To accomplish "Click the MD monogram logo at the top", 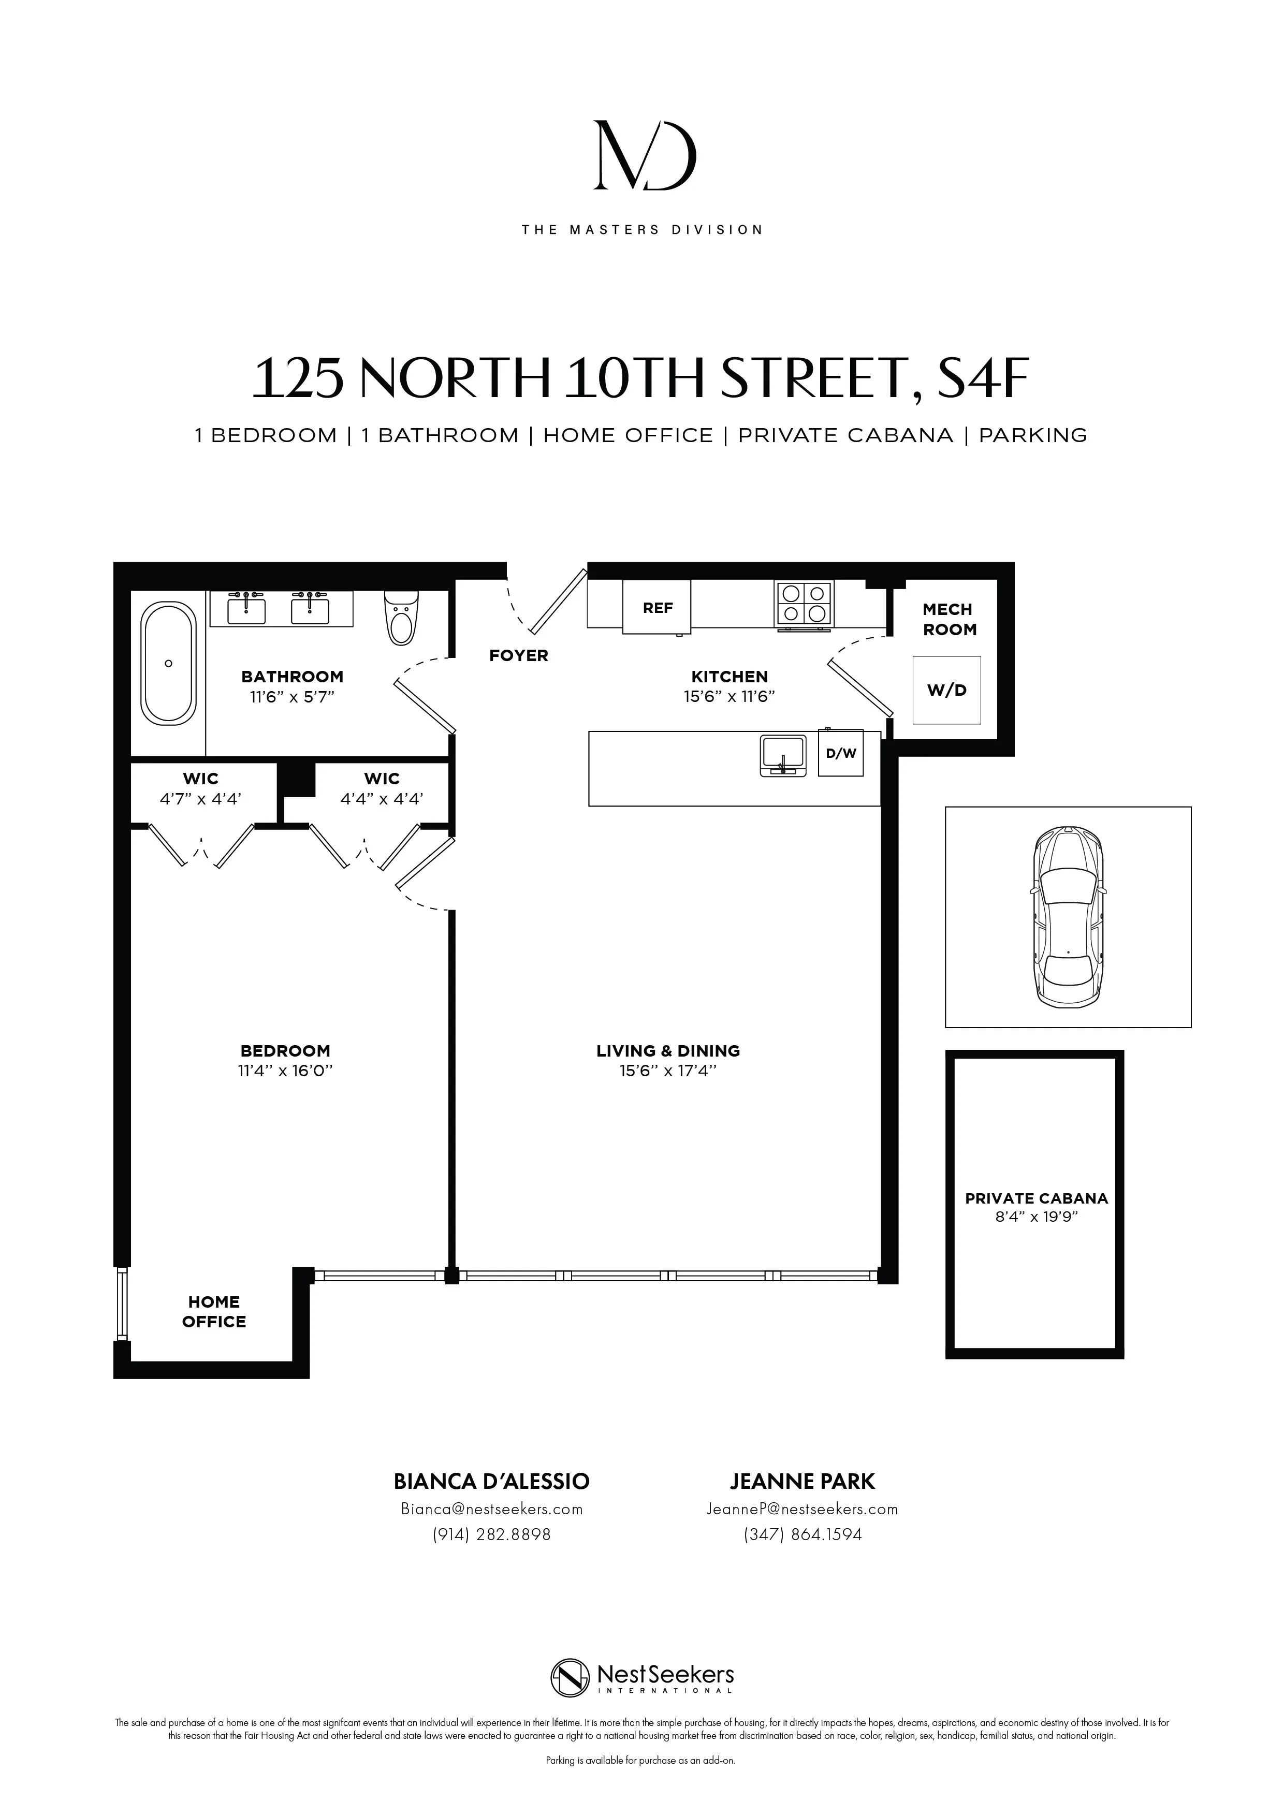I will coord(644,156).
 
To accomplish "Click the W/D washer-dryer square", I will coord(947,690).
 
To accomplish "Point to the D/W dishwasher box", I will coord(841,753).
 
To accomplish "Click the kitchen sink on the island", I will coord(782,755).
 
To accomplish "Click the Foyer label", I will coord(518,655).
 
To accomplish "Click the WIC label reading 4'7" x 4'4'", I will coord(200,788).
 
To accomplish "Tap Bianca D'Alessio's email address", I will coord(491,1509).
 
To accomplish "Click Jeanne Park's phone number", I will coord(802,1534).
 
